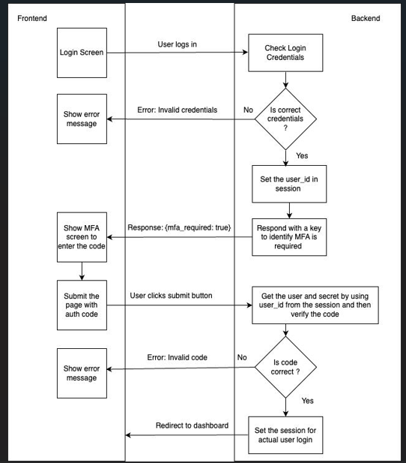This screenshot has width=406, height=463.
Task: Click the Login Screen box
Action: click(82, 53)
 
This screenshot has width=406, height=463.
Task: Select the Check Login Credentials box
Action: click(285, 53)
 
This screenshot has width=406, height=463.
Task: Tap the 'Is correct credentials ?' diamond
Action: click(285, 119)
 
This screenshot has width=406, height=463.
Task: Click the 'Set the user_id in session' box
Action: click(289, 184)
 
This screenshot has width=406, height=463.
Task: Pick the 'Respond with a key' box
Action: click(289, 237)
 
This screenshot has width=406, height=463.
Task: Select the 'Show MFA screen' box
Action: click(82, 237)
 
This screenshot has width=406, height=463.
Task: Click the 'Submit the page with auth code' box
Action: click(82, 305)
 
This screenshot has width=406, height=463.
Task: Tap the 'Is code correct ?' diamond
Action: click(285, 367)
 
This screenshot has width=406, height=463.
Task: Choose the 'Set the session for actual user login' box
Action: click(285, 435)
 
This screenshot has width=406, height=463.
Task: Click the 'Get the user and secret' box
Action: click(315, 305)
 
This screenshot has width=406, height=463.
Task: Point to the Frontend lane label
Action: click(32, 18)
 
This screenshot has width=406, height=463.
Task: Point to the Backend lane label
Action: click(366, 18)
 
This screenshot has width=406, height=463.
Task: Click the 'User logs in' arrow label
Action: click(178, 44)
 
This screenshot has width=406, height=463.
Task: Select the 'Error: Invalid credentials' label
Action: click(178, 110)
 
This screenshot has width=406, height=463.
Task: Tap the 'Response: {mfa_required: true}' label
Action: click(179, 227)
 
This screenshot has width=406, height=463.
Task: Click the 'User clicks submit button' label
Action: click(171, 296)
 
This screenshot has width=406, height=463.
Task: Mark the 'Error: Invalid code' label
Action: click(178, 357)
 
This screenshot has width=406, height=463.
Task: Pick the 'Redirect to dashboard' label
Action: click(192, 425)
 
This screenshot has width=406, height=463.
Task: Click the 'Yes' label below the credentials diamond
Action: click(302, 155)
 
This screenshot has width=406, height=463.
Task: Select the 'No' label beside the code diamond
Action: click(242, 357)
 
